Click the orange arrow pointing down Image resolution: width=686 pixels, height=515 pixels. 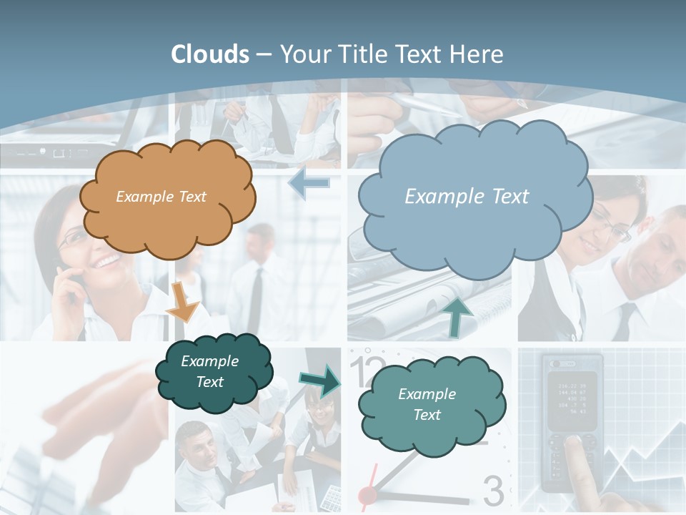pos(182,303)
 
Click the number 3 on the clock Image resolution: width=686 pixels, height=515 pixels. pos(493,491)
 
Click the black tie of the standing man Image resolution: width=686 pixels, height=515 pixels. pos(255,300)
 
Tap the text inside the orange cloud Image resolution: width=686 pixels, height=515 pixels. pos(161,196)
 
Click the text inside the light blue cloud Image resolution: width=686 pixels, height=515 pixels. pos(467,196)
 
